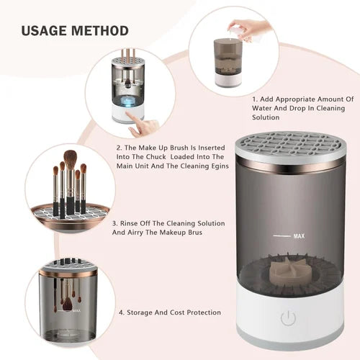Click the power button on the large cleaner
coord(289,318)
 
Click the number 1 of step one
coord(254,99)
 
